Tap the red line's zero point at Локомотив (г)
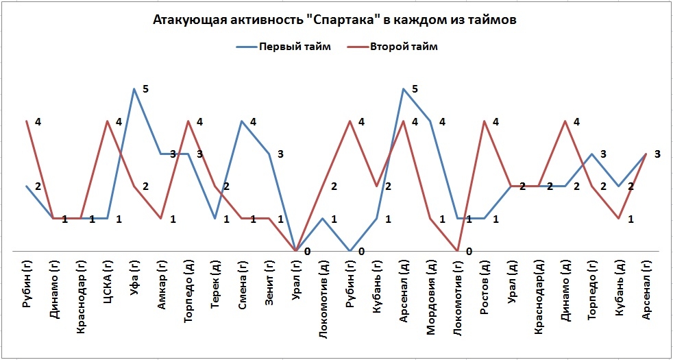[x=458, y=250]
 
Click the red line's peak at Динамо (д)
[x=565, y=121]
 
